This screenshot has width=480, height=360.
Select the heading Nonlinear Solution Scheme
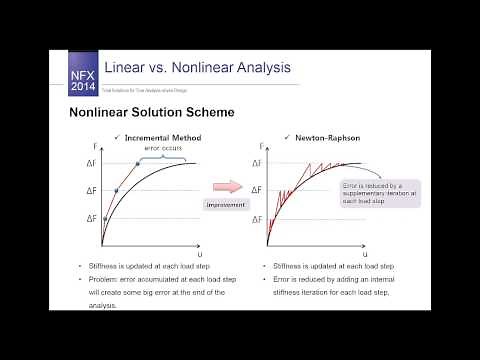151,113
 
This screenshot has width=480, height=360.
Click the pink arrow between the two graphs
228,187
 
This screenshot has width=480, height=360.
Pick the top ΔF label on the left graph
92,163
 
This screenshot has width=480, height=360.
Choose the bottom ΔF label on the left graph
92,218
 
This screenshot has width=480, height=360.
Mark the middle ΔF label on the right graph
255,190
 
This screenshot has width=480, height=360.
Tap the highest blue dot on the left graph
137,163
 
